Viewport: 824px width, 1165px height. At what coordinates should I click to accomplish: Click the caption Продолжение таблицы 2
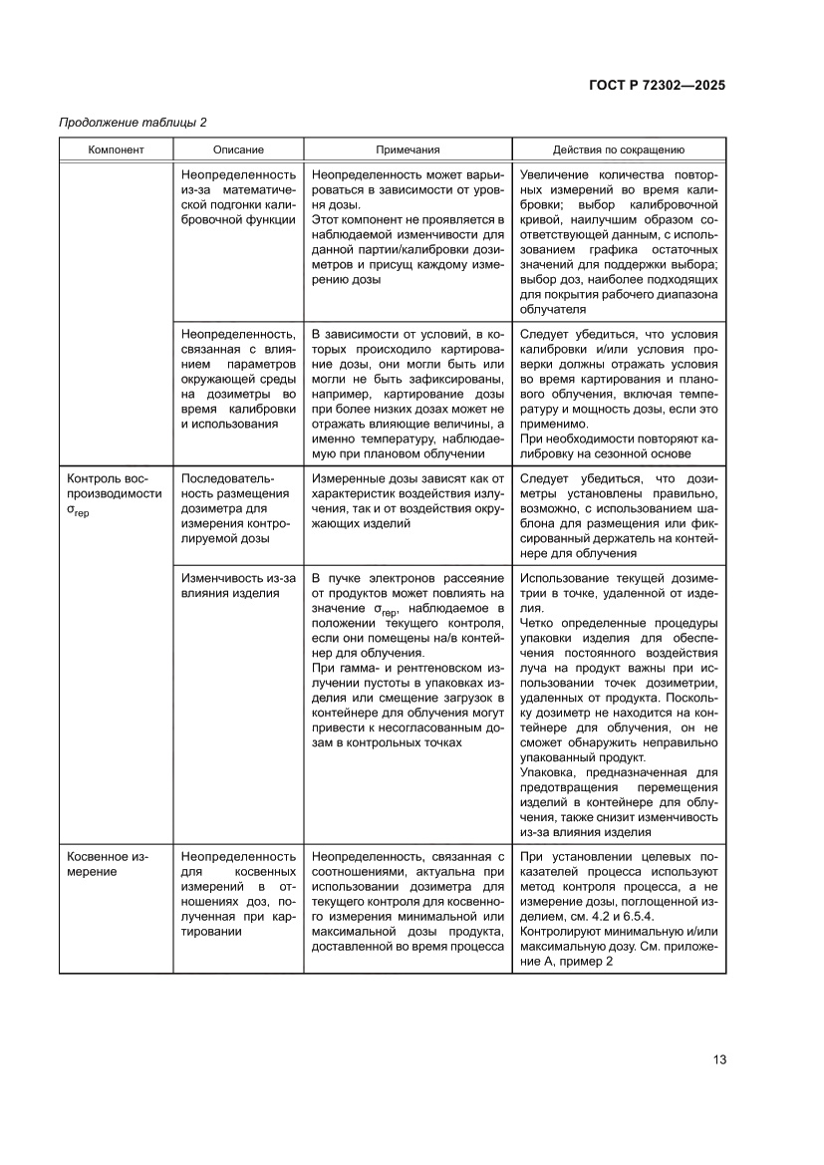pos(133,123)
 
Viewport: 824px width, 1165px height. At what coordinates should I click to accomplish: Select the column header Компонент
pos(116,149)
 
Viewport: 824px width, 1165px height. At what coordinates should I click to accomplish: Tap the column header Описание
pos(238,149)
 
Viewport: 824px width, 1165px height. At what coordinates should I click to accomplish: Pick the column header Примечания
pos(408,149)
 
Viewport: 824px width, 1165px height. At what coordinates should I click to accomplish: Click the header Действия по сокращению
pos(619,149)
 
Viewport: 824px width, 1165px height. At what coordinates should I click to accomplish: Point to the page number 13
pos(718,1059)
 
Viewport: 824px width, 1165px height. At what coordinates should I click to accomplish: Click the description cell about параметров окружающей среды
pos(238,380)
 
